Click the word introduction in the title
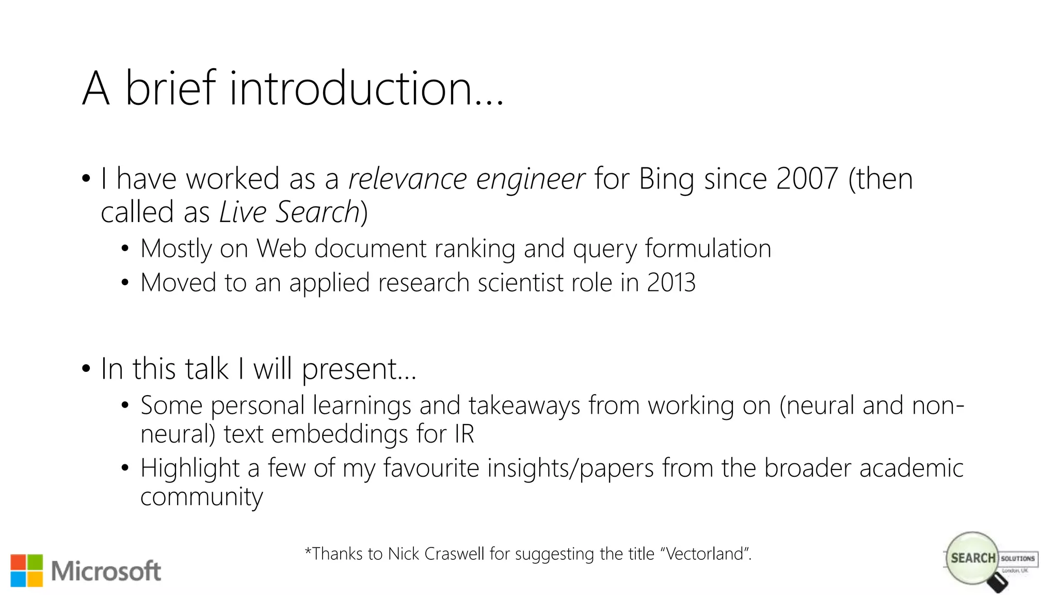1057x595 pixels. point(351,89)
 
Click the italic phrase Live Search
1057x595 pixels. point(289,212)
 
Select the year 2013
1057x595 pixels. point(671,283)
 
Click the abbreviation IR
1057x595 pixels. point(464,434)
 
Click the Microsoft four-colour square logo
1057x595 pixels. point(27,571)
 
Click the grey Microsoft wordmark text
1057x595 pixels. point(106,571)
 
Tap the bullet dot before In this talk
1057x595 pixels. point(86,369)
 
